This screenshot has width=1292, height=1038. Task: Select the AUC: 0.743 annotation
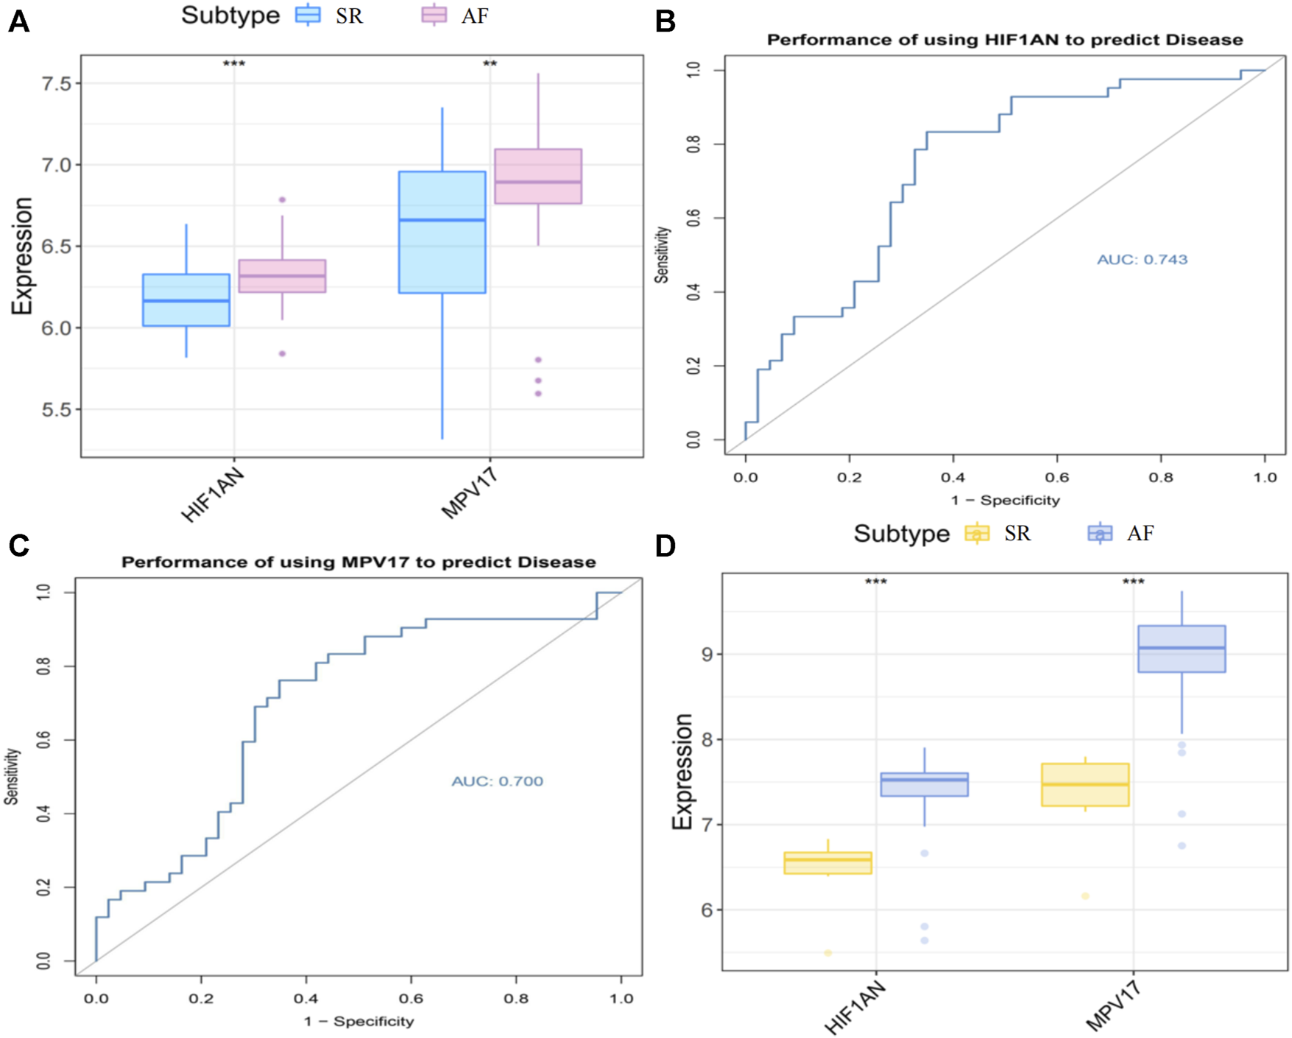[x=1142, y=259]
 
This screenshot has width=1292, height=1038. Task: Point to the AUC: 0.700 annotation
[x=497, y=781]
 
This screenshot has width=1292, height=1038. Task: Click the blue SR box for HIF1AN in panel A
[x=186, y=300]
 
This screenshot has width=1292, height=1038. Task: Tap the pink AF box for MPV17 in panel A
[x=538, y=176]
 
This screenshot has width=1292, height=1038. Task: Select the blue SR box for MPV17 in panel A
[x=442, y=232]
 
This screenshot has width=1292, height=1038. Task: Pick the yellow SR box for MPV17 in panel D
[x=1085, y=785]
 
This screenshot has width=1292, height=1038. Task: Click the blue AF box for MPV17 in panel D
[x=1182, y=649]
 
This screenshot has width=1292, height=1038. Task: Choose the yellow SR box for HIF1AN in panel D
[x=828, y=863]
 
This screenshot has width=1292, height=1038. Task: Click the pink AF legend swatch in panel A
[x=434, y=15]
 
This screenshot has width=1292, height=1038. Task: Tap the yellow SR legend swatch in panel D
[x=977, y=533]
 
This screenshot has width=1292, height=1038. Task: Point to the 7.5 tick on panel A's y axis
[x=57, y=83]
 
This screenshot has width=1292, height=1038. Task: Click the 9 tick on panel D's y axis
[x=707, y=654]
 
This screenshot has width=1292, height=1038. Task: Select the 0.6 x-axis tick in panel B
[x=1057, y=477]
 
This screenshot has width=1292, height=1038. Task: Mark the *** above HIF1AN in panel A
[x=234, y=64]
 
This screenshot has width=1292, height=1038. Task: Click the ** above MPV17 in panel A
[x=490, y=64]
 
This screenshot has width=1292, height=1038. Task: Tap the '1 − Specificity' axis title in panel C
[x=359, y=1021]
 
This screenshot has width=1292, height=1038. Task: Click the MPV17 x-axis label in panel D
[x=1113, y=1005]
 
